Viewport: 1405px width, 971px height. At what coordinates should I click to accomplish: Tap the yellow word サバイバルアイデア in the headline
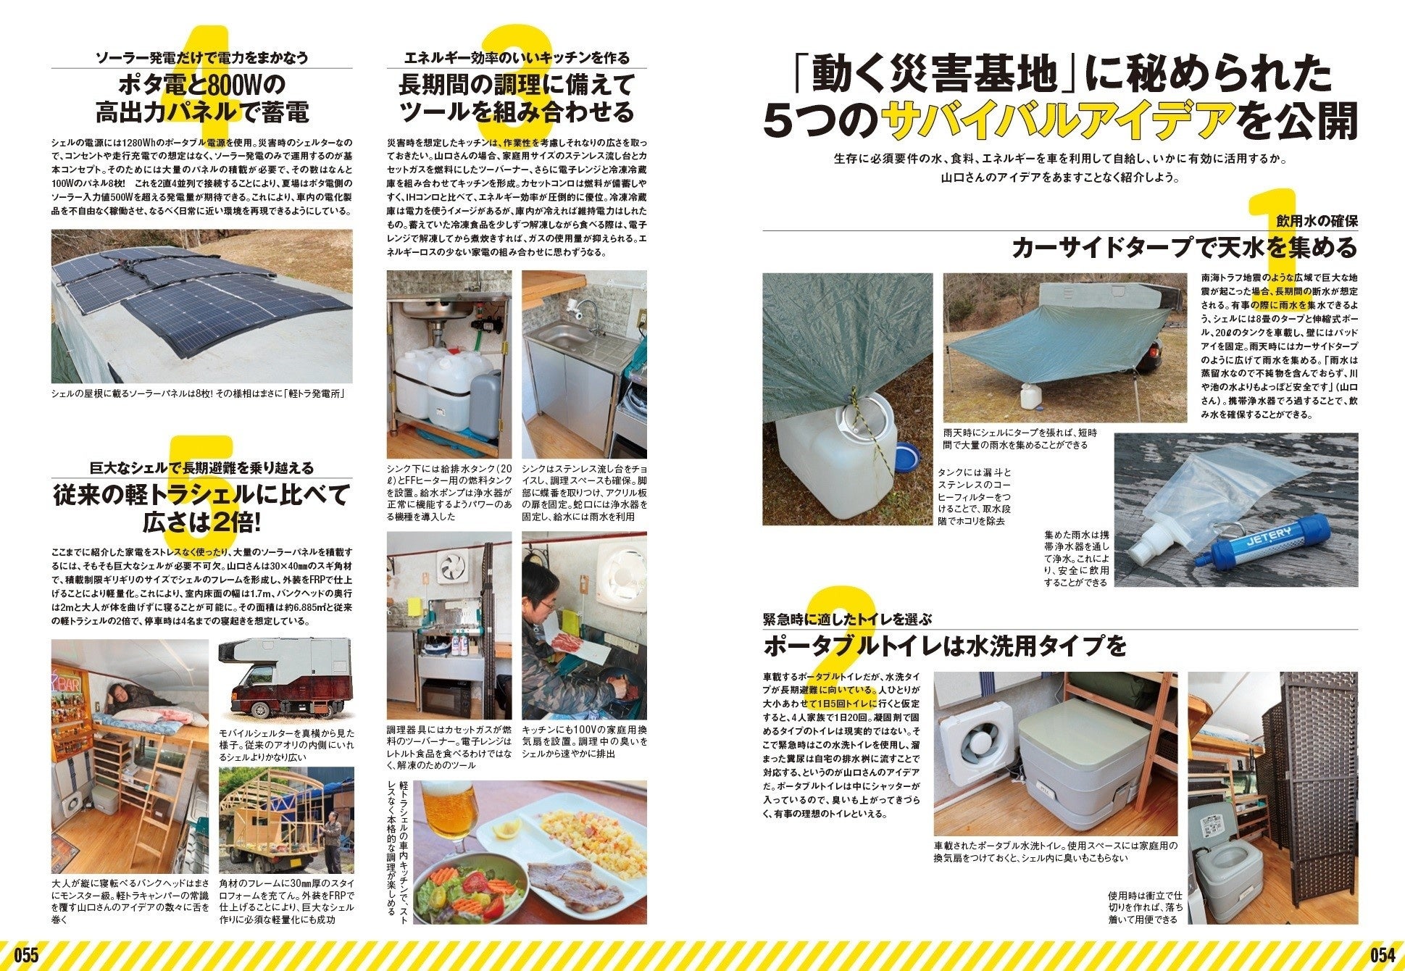click(1056, 120)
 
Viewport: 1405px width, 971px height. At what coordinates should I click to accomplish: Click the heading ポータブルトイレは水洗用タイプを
click(946, 644)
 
